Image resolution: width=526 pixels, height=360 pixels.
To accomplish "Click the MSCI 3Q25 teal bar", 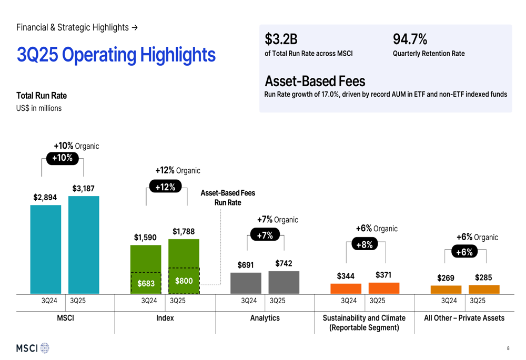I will pyautogui.click(x=84, y=244).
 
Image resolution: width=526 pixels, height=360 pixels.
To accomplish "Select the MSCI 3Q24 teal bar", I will pyautogui.click(x=46, y=249).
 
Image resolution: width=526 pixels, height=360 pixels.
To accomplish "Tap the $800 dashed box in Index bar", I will pyautogui.click(x=184, y=281).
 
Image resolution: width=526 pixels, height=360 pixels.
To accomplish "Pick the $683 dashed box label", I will pyautogui.click(x=146, y=283).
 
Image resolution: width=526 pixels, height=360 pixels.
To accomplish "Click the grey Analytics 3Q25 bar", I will pyautogui.click(x=284, y=282).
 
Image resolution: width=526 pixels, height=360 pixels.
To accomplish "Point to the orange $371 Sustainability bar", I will pyautogui.click(x=384, y=288).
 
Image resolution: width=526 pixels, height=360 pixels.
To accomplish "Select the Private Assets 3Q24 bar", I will pyautogui.click(x=446, y=290).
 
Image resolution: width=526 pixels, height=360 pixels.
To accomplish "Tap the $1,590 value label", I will pyautogui.click(x=145, y=238).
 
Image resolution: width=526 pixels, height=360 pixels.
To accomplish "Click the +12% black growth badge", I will pyautogui.click(x=165, y=187).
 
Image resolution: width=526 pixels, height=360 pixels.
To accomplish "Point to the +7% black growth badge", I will pyautogui.click(x=265, y=235).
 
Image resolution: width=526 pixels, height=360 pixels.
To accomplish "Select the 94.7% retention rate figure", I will pyautogui.click(x=410, y=39).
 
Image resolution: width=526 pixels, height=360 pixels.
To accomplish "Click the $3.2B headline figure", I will pyautogui.click(x=281, y=39).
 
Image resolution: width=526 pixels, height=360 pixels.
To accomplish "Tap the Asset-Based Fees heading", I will pyautogui.click(x=315, y=81).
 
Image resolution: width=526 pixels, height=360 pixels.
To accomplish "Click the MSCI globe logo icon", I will pyautogui.click(x=45, y=348).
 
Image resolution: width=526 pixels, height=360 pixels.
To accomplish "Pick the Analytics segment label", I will pyautogui.click(x=265, y=318).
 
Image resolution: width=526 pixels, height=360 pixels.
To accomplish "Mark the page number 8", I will pyautogui.click(x=508, y=348).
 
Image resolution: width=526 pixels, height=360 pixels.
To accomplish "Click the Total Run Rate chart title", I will pyautogui.click(x=42, y=96).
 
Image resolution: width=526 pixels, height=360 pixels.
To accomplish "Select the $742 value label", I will pyautogui.click(x=284, y=263).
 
